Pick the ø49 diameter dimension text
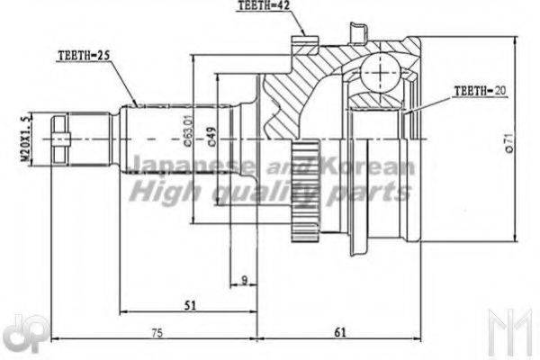point(210,136)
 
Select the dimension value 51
point(189,306)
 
